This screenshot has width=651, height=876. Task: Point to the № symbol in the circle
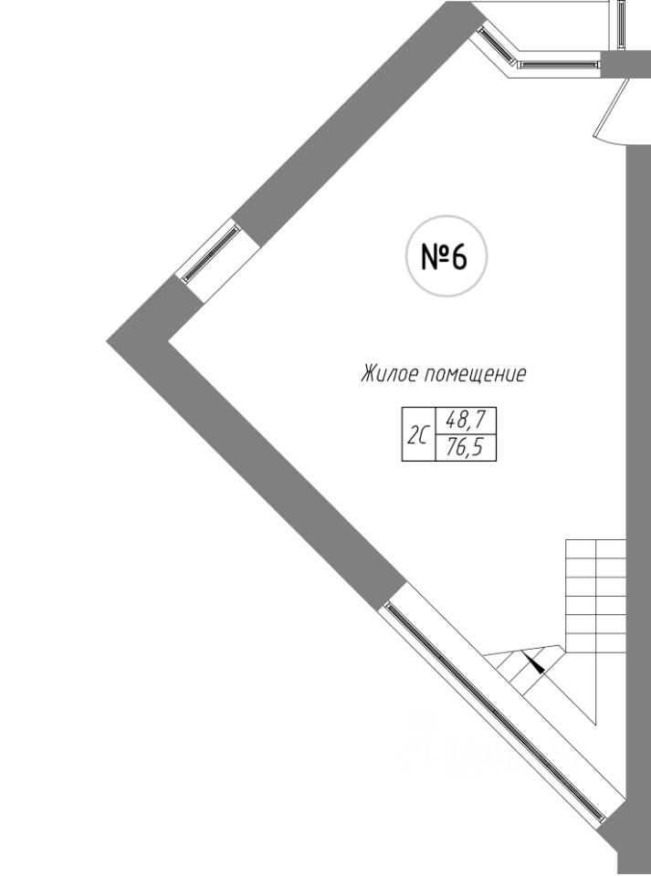pos(433,258)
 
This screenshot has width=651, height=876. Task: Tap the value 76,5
pos(466,447)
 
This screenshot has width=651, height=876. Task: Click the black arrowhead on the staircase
pos(536,663)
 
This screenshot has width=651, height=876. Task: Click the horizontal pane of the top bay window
pos(557,64)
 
